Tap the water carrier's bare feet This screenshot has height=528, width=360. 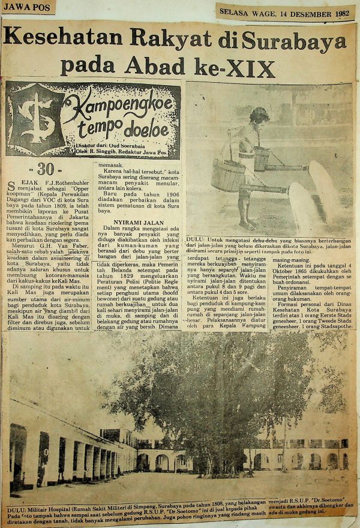(x=248, y=224)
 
